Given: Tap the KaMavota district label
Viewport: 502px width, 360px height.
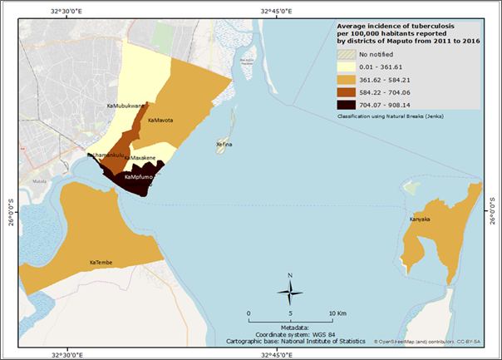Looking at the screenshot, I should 160,121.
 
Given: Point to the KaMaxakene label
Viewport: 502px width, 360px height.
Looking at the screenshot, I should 140,157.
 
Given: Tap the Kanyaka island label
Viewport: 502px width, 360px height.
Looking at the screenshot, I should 420,219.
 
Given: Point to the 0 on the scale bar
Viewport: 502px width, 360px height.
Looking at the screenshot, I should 249,313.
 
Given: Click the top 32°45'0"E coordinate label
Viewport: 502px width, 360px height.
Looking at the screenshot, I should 278,11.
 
